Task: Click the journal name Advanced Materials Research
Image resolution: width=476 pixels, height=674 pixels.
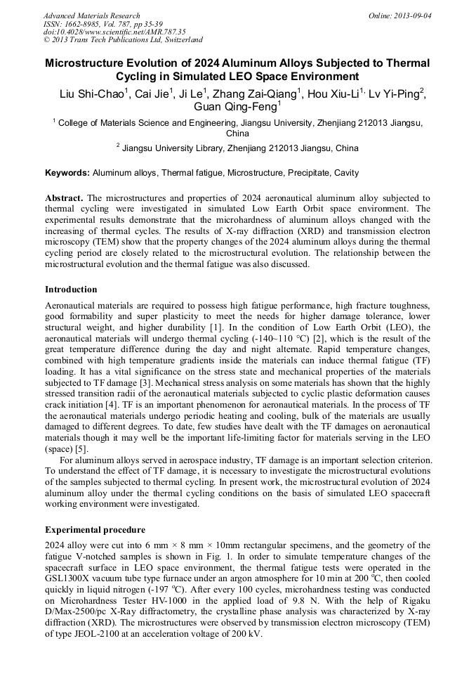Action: pyautogui.click(x=91, y=15)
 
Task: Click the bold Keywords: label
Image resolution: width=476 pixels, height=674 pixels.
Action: pyautogui.click(x=67, y=173)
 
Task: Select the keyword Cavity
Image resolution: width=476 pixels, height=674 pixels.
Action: pyautogui.click(x=346, y=173)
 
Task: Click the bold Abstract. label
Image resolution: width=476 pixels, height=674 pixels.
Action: pyautogui.click(x=65, y=198)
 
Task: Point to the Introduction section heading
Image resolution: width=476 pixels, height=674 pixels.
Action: pyautogui.click(x=71, y=290)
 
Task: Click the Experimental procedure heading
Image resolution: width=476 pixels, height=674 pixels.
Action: pyautogui.click(x=95, y=529)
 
